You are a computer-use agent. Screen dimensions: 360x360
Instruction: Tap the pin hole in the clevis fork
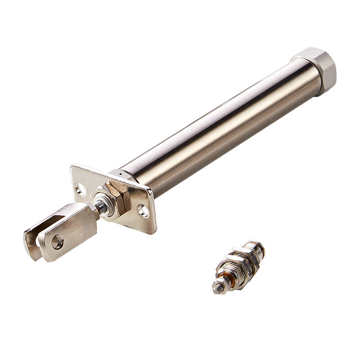point(57,242)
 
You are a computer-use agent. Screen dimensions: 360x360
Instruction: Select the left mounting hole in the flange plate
point(81,189)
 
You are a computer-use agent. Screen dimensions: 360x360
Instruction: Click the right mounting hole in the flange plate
point(143,210)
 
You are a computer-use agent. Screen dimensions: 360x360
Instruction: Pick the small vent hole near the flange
point(121,172)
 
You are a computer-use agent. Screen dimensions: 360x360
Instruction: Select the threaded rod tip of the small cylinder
point(217,286)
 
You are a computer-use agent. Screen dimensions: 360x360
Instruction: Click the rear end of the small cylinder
point(258,249)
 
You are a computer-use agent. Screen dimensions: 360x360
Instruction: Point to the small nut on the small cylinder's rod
point(221,283)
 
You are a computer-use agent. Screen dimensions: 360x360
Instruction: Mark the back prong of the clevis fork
point(34,238)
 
